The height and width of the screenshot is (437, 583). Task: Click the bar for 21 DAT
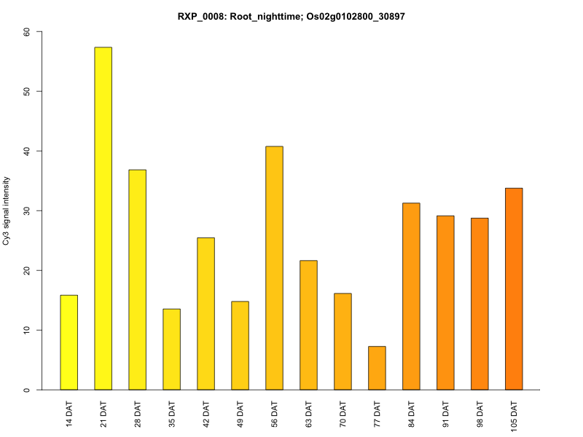[x=103, y=219]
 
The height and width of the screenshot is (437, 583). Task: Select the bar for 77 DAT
[x=377, y=368]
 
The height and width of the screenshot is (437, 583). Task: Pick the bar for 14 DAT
[x=69, y=342]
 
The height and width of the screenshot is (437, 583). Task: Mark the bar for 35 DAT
[x=172, y=350]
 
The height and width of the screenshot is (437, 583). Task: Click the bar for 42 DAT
[x=206, y=314]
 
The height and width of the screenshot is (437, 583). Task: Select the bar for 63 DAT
[x=308, y=325]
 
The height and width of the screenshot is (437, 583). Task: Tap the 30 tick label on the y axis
[x=28, y=210]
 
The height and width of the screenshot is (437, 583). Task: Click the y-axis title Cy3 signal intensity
[x=7, y=210]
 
